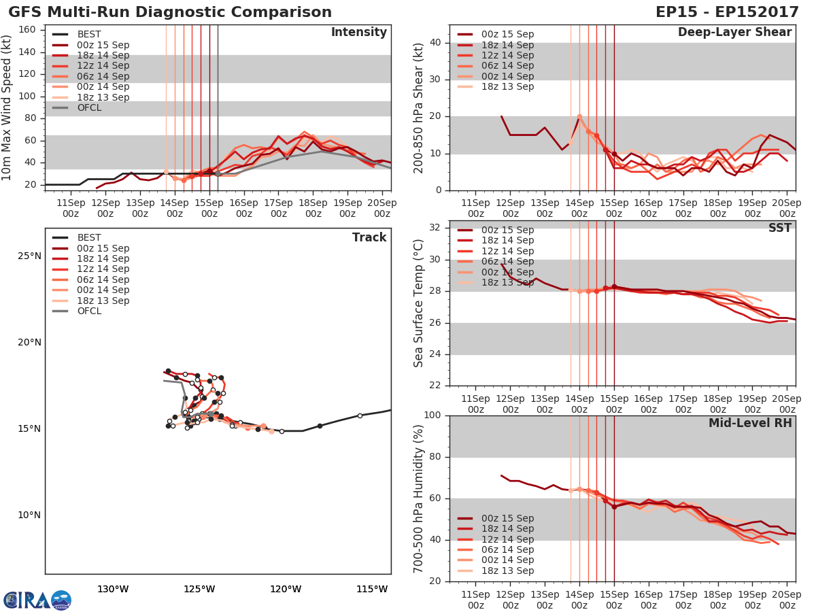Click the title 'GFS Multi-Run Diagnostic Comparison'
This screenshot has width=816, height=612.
[x=170, y=12]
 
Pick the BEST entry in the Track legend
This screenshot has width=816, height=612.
[x=88, y=237]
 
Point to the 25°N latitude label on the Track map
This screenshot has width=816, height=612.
[x=29, y=256]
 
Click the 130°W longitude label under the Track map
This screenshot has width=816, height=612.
[x=113, y=589]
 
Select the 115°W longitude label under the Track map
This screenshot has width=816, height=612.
[x=372, y=589]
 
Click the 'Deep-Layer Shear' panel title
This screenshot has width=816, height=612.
[x=734, y=33]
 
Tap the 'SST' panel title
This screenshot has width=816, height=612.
[x=780, y=228]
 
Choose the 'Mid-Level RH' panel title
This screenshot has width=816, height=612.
[x=750, y=423]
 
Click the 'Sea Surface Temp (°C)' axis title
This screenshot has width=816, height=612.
[x=420, y=303]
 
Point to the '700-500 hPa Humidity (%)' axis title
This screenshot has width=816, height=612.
[x=420, y=498]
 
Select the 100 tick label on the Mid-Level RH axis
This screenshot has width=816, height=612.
[x=432, y=415]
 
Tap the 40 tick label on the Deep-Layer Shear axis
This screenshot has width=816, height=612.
[x=435, y=43]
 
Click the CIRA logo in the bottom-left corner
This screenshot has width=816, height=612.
[x=37, y=600]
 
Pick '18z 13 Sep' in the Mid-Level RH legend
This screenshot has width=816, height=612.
[x=507, y=571]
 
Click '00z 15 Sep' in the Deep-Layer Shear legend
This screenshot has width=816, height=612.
[x=507, y=34]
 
